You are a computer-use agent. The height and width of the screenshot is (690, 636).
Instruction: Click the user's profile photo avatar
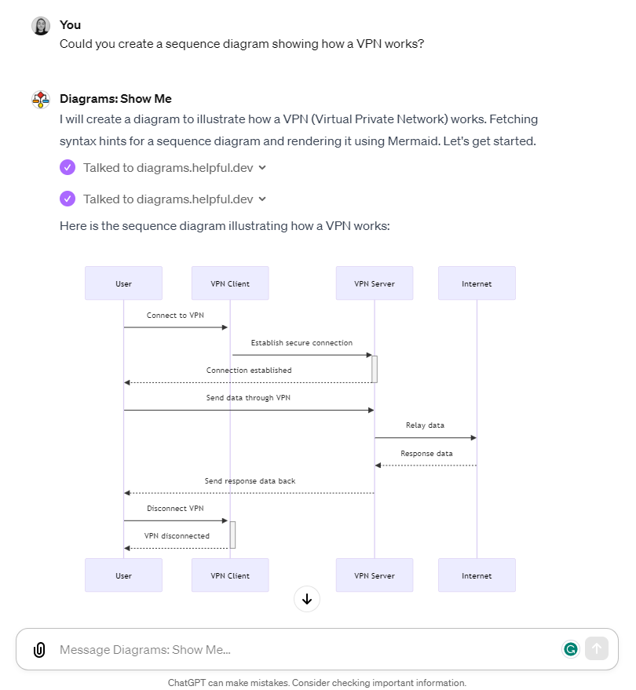41,26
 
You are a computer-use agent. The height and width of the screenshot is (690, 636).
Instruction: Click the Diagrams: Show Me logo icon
41,100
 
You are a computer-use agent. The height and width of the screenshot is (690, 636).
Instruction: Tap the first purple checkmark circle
68,167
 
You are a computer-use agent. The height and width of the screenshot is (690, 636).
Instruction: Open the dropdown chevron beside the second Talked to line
262,199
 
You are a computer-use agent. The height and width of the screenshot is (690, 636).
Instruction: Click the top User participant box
124,283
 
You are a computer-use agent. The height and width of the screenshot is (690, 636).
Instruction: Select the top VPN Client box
230,283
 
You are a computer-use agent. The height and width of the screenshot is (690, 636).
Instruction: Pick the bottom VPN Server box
375,575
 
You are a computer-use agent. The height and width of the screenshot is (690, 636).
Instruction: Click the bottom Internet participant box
477,575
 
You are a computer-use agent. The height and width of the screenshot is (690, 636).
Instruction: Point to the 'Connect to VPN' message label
175,315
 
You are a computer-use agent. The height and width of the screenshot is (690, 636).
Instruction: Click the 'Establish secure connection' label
302,343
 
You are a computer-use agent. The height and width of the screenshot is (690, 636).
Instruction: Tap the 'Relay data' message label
425,425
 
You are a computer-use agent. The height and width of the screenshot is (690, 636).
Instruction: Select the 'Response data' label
426,453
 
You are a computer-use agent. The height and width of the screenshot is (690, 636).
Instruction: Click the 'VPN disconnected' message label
177,535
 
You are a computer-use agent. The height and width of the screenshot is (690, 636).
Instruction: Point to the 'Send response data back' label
250,481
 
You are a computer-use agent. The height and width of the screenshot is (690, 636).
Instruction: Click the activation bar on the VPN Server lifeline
375,369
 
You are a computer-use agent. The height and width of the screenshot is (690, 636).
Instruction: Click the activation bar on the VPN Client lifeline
233,535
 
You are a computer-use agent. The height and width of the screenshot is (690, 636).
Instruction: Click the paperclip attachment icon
39,649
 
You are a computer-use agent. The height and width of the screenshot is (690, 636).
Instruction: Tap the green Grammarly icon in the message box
571,649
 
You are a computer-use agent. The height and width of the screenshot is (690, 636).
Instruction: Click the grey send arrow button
597,648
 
